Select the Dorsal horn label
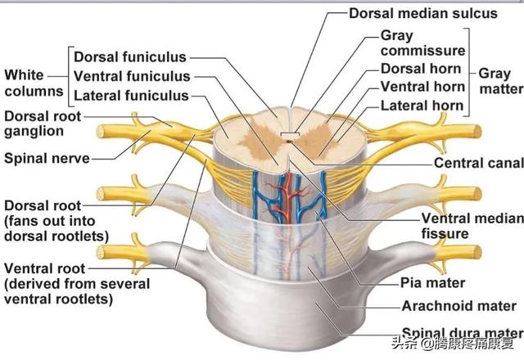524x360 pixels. pos(421,69)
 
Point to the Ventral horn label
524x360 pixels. pos(422,87)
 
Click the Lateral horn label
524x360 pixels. pos(422,105)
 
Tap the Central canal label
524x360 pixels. pos(478,163)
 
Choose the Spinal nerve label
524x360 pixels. pos(46,157)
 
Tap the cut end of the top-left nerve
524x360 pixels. pos(101,131)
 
